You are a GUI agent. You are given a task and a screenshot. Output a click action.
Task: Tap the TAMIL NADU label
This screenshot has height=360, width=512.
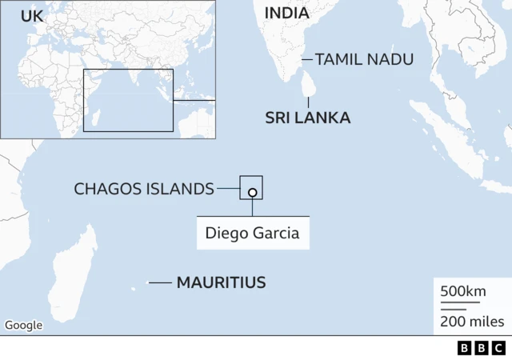pyautogui.click(x=364, y=59)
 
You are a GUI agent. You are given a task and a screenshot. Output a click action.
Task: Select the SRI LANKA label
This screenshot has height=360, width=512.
pyautogui.click(x=307, y=118)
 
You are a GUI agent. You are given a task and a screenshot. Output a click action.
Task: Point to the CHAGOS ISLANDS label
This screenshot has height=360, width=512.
pyautogui.click(x=144, y=189)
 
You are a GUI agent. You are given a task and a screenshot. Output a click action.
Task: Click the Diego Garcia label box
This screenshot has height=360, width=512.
pyautogui.click(x=252, y=234)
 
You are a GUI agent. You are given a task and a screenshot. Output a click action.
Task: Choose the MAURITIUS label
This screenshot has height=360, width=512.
pyautogui.click(x=221, y=282)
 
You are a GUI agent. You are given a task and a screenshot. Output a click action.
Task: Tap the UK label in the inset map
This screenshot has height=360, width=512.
pyautogui.click(x=32, y=16)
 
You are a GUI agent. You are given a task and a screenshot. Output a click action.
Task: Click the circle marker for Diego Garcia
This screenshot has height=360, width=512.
pyautogui.click(x=252, y=192)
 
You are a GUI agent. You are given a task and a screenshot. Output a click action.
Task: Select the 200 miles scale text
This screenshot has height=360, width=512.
pyautogui.click(x=472, y=322)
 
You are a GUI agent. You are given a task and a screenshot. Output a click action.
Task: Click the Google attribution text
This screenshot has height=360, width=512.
pyautogui.click(x=23, y=325)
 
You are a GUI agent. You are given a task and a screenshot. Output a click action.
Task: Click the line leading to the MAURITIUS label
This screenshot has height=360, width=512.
pyautogui.click(x=160, y=282)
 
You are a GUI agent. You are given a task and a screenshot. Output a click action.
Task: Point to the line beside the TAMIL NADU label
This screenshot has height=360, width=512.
pyautogui.click(x=306, y=59)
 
